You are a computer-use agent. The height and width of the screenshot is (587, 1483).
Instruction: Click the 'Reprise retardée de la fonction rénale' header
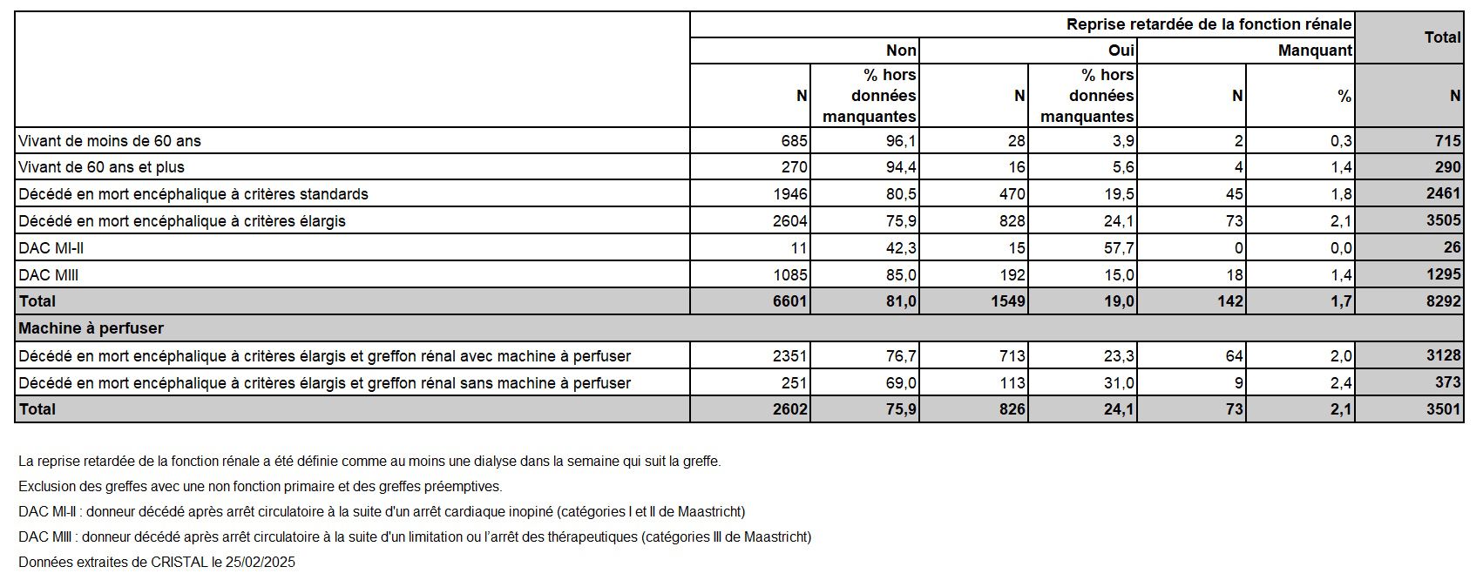point(1209,24)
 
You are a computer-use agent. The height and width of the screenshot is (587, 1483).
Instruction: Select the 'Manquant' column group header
point(1315,51)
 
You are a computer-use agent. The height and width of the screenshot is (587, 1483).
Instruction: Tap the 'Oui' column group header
point(1121,51)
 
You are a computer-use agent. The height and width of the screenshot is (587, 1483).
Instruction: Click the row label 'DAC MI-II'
point(51,248)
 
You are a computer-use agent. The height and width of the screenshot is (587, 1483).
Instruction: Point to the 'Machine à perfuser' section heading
point(91,328)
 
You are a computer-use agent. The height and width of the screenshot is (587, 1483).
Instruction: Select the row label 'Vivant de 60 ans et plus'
point(101,167)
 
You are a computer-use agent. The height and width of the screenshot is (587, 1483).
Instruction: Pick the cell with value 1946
point(790,194)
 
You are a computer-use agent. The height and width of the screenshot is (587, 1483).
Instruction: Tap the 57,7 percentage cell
point(1118,248)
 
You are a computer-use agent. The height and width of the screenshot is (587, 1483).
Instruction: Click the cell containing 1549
point(1007,301)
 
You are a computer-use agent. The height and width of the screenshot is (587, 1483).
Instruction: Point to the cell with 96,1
point(900,140)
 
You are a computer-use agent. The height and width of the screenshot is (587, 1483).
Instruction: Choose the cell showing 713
point(1012,356)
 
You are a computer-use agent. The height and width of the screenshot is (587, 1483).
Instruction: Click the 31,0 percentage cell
point(1118,383)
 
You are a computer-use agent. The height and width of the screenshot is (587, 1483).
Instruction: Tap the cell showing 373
point(1447,383)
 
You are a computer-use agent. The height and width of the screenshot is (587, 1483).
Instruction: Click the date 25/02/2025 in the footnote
point(261,563)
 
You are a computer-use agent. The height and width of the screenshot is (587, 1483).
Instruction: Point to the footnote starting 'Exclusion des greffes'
point(260,487)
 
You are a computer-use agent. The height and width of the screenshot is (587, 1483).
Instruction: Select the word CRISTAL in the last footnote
point(179,563)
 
